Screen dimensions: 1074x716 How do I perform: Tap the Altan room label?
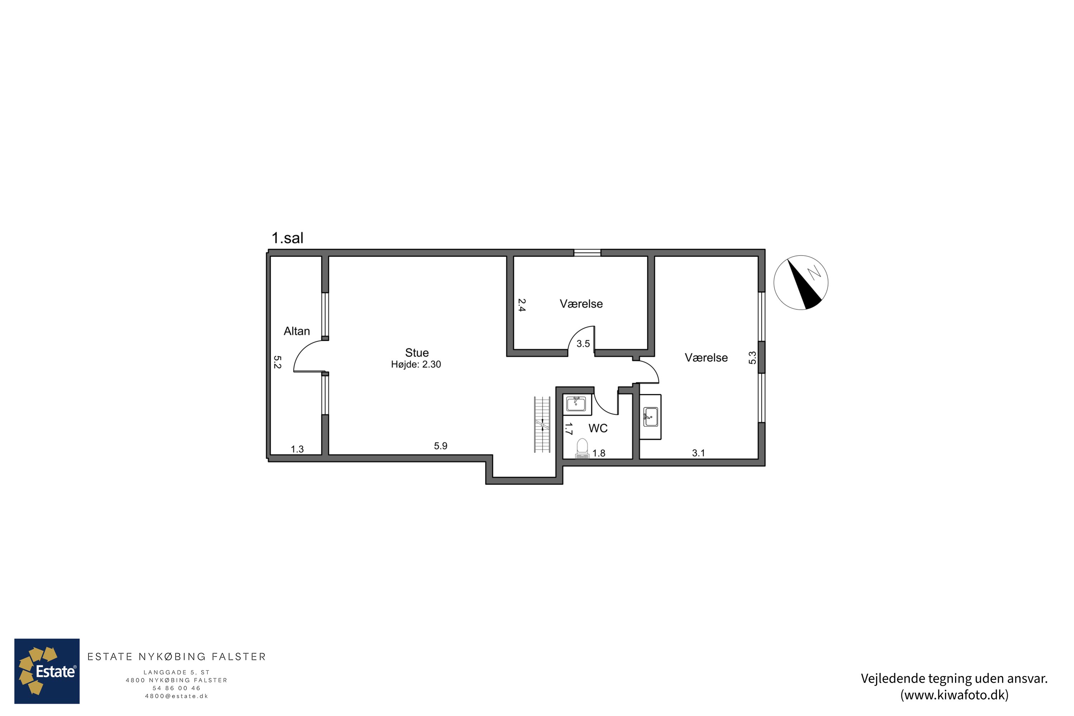coord(297,331)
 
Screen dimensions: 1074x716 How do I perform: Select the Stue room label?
coord(417,353)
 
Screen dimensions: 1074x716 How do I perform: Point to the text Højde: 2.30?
coord(416,364)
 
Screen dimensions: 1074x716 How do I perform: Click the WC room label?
coord(598,428)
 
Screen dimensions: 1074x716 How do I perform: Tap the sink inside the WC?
coord(576,404)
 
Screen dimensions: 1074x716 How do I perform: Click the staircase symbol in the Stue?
coord(542,425)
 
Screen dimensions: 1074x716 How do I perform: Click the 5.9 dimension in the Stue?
coord(441,446)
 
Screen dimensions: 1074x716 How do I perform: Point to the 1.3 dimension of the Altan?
coord(297,449)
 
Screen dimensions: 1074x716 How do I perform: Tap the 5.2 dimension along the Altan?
coord(277,362)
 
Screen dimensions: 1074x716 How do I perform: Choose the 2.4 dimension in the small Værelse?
coord(522,305)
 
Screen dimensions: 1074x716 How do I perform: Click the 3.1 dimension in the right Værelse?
coord(699,453)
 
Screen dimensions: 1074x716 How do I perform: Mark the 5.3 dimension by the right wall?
coord(753,358)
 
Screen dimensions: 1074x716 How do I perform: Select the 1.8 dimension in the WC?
coord(599,453)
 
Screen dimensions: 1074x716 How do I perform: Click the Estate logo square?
coord(47,671)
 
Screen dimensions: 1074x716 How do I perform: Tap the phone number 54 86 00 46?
coord(177,688)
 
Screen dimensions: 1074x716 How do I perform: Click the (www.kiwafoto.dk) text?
coord(954,695)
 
